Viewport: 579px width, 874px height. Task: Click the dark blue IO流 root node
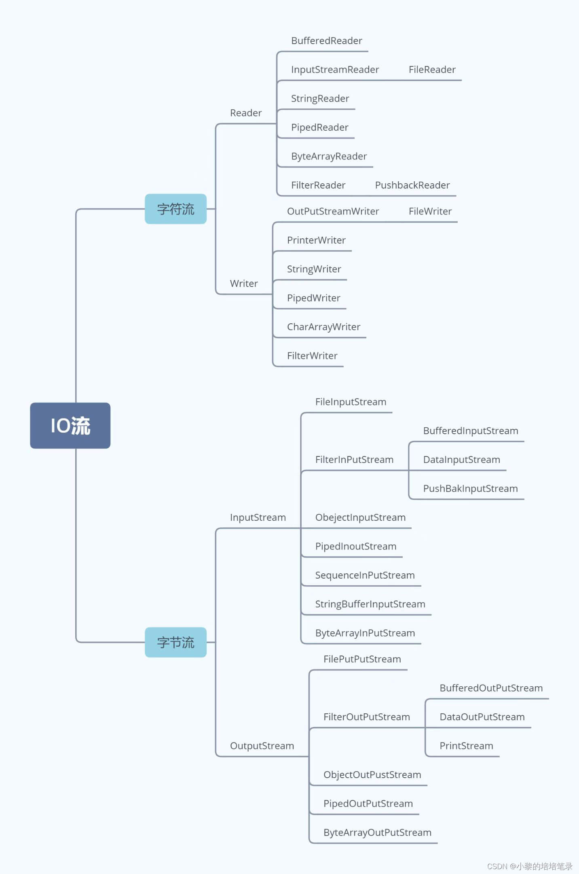(x=70, y=425)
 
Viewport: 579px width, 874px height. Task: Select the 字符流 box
(x=176, y=209)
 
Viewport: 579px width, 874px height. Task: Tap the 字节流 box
(x=176, y=642)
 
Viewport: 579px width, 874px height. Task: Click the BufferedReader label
(x=327, y=41)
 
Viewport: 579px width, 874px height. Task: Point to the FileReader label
(x=432, y=70)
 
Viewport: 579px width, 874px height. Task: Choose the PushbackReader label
(x=412, y=185)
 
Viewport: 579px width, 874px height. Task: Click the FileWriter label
(x=430, y=211)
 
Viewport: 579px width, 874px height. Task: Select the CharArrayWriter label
(x=323, y=327)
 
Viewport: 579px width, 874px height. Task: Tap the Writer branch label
(x=244, y=284)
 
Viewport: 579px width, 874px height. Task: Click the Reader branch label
(x=246, y=113)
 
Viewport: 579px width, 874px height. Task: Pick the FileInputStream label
(x=351, y=402)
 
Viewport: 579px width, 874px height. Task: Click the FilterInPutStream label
(x=355, y=460)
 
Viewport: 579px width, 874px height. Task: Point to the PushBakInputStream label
(x=471, y=489)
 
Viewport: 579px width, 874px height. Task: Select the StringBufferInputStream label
(x=370, y=605)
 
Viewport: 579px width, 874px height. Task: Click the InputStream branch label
(x=258, y=518)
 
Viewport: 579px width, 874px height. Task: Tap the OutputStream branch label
(x=262, y=746)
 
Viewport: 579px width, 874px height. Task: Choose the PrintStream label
(x=467, y=746)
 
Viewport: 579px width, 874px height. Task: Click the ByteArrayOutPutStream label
(x=378, y=833)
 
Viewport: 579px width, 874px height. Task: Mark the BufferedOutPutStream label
(x=491, y=688)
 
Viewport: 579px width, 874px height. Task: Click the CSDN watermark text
(x=530, y=866)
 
